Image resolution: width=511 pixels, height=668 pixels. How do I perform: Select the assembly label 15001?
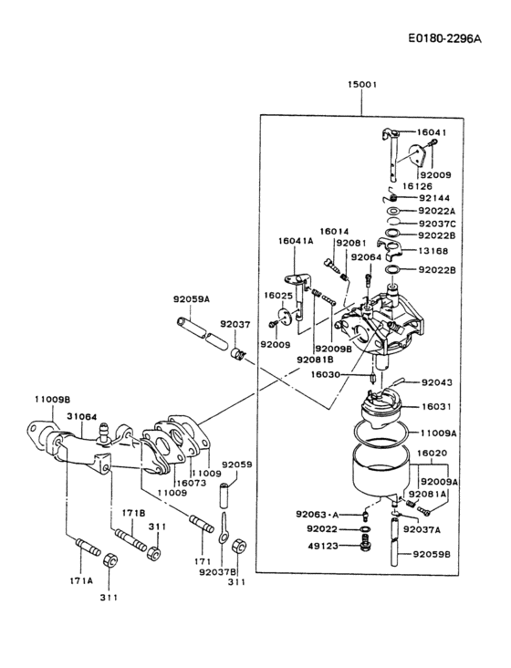(x=361, y=85)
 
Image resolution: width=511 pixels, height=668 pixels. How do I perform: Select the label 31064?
(x=81, y=415)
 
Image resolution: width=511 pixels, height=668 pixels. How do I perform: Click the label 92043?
(x=434, y=382)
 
